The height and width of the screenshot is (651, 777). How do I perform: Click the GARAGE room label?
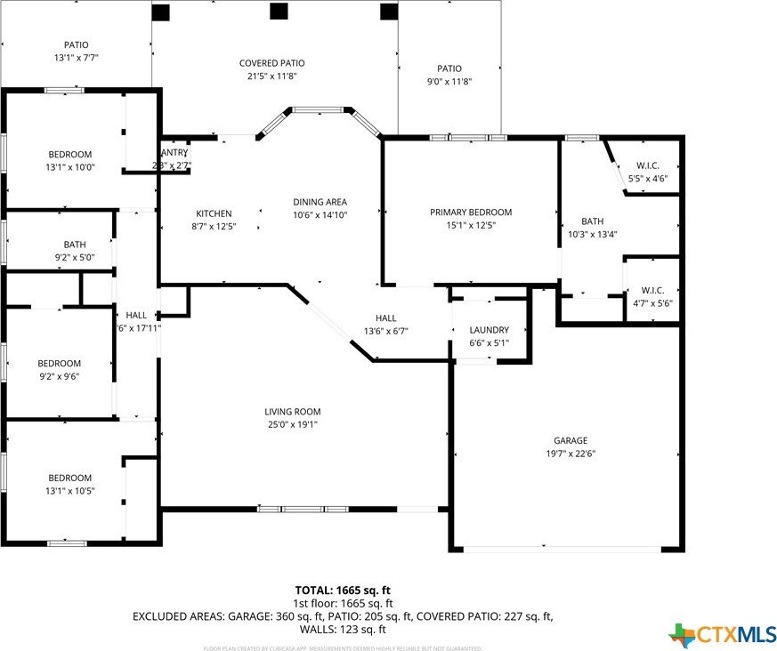571,440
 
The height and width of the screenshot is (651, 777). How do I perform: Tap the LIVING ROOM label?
292,412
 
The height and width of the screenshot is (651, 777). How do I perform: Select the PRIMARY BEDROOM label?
471,212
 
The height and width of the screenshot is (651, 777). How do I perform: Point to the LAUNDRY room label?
489,329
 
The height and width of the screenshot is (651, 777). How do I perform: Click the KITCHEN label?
214,213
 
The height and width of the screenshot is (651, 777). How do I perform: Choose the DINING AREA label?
320,202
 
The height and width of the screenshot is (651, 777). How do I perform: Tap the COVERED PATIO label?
271,63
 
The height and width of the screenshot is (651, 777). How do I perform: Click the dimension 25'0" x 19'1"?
292,425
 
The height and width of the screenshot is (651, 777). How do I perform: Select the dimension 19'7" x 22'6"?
571,454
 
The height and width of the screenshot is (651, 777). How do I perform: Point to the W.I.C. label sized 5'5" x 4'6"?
647,165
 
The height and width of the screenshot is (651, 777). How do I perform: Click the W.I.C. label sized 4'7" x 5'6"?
647,290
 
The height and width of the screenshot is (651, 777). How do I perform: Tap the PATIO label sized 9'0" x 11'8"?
449,68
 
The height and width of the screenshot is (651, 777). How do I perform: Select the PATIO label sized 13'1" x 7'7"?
76,44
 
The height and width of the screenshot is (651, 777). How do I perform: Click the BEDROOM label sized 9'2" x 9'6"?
59,363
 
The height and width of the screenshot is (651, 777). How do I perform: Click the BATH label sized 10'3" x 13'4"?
592,221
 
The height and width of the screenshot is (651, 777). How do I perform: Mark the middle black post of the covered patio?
279,11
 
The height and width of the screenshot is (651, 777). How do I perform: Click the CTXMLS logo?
722,634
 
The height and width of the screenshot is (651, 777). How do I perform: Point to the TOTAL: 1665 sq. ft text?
343,590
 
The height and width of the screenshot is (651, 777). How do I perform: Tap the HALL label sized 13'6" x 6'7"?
385,317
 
